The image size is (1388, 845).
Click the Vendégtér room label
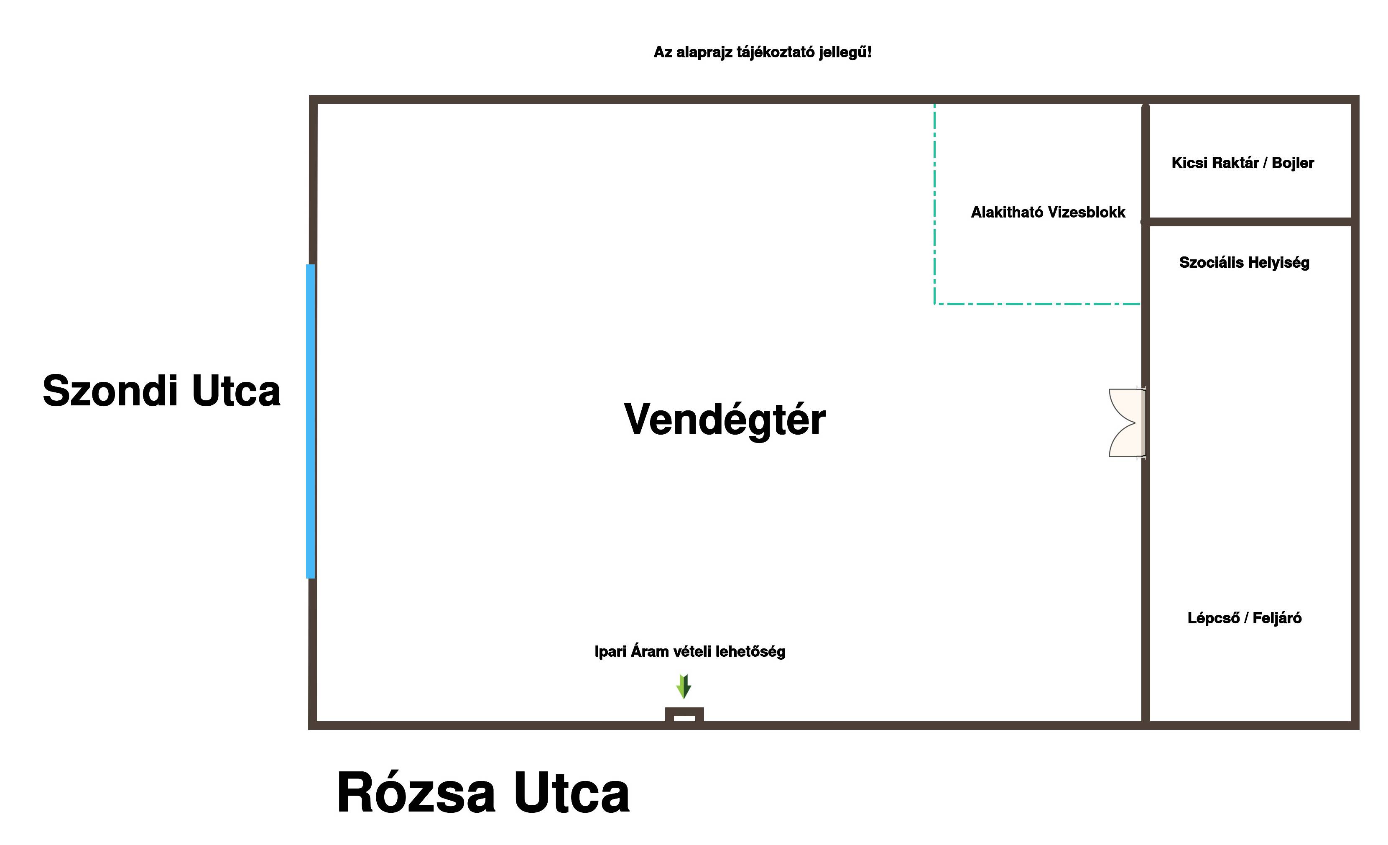(x=725, y=420)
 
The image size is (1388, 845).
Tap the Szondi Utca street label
(x=162, y=391)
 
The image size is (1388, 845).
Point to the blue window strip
(x=310, y=421)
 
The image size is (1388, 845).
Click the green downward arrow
(x=683, y=686)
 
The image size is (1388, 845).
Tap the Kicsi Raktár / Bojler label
(x=1243, y=163)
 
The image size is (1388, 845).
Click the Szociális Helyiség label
(x=1244, y=263)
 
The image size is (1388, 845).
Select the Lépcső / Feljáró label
(x=1244, y=618)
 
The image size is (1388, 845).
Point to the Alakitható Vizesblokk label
(x=1048, y=213)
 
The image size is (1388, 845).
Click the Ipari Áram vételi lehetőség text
(x=689, y=652)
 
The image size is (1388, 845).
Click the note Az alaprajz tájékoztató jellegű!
(x=762, y=52)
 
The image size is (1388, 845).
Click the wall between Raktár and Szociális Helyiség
(x=1250, y=222)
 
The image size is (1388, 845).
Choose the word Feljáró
(x=1277, y=618)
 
